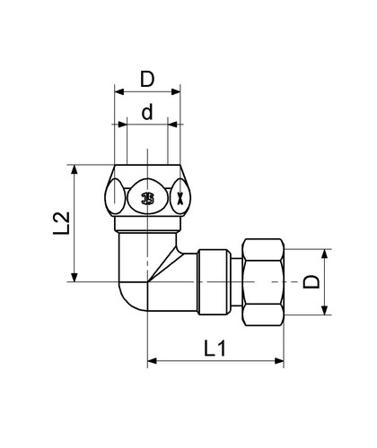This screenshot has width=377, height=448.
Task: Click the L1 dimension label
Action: tap(215, 348)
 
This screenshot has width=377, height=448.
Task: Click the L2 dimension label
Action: tap(61, 223)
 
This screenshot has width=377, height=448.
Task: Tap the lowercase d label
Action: tap(147, 112)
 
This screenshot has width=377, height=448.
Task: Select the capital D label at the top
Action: tap(147, 79)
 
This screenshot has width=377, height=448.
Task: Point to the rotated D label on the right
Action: tap(311, 281)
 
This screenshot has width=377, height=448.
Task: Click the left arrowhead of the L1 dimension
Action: tap(152, 361)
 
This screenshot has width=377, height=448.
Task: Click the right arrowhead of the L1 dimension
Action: tap(279, 361)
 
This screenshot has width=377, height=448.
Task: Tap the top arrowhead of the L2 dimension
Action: tap(75, 169)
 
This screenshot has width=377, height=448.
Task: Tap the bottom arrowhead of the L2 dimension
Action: tap(75, 277)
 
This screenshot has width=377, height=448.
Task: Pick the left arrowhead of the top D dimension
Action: tap(119, 91)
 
